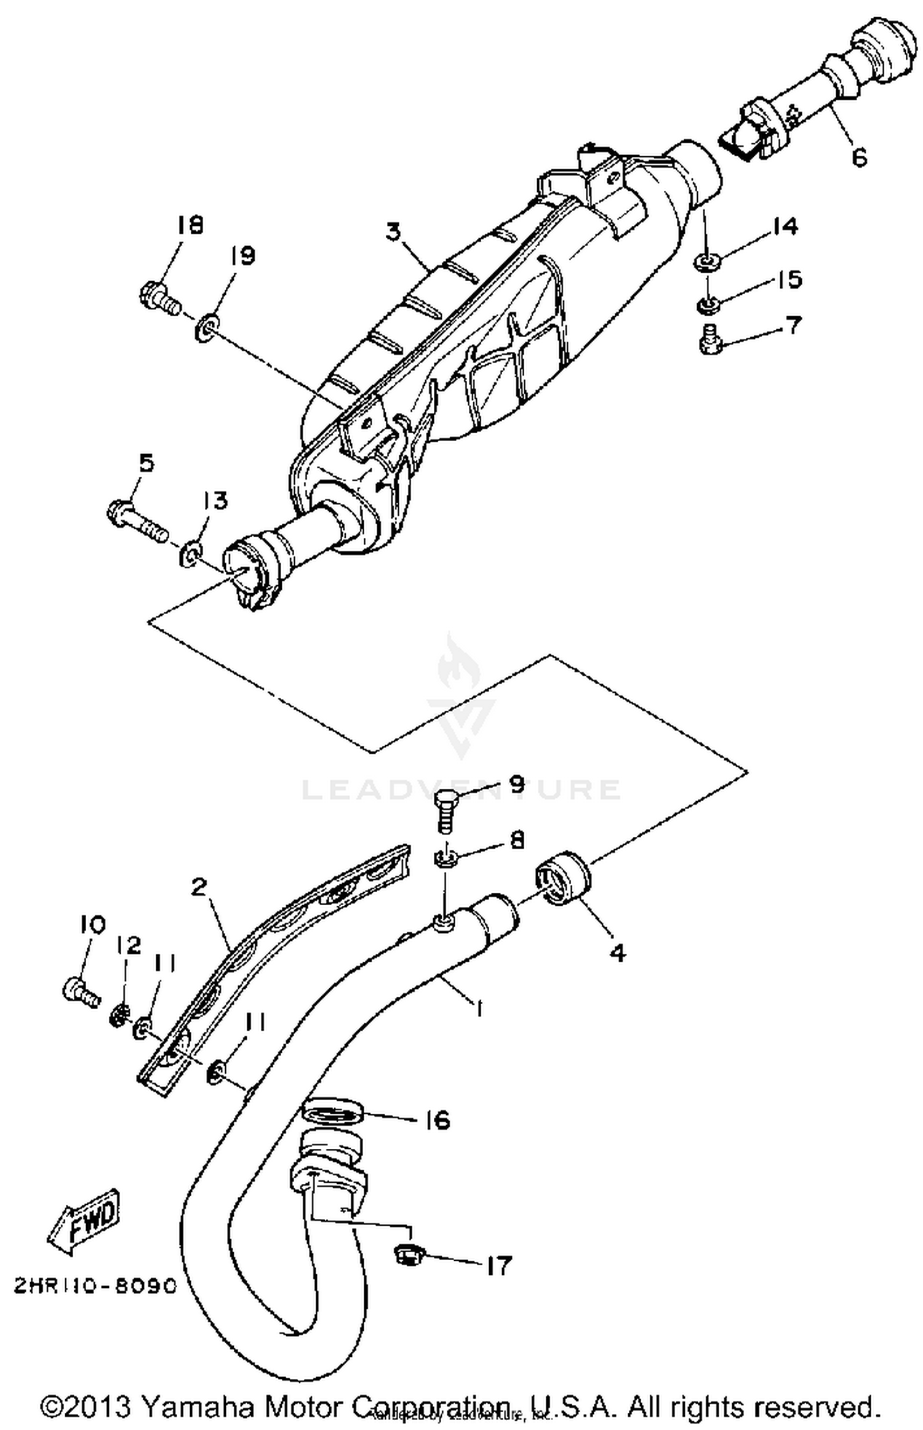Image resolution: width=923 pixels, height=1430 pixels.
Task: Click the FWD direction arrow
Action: point(84,1220)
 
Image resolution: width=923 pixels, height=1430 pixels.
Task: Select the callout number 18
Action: point(190,225)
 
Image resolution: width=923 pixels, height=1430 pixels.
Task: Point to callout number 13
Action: point(215,501)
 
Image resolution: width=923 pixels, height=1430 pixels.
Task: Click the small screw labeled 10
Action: point(79,991)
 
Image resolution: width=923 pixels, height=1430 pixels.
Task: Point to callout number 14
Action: point(785,226)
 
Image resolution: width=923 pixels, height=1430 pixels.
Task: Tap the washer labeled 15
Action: point(708,303)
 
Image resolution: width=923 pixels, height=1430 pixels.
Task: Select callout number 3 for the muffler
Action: point(393,232)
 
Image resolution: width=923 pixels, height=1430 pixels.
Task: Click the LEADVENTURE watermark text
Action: point(461,789)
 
